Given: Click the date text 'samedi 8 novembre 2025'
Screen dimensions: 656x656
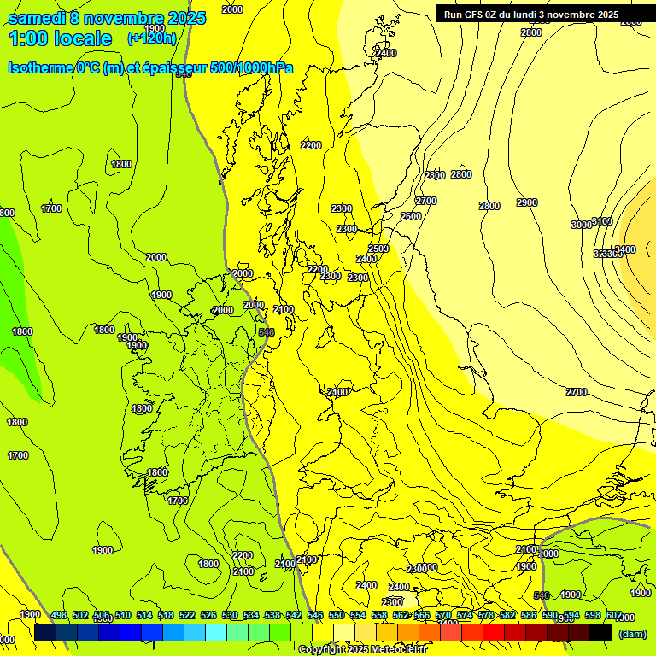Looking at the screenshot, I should tap(107, 18).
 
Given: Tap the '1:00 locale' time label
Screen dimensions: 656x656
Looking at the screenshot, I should tap(60, 38).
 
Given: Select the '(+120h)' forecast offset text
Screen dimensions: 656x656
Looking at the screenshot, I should tap(152, 38).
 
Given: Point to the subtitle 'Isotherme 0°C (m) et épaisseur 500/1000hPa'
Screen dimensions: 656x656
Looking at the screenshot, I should tap(150, 67).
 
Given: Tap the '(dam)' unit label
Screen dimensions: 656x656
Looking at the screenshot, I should tap(632, 634).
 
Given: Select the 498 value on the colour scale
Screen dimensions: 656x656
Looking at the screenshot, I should tap(59, 616).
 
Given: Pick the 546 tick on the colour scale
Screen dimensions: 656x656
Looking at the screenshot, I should tap(315, 616).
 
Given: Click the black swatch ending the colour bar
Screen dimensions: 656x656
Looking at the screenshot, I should tap(600, 632).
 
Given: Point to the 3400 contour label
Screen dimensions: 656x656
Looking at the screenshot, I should tap(625, 249).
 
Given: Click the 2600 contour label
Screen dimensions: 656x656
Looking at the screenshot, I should tap(411, 217).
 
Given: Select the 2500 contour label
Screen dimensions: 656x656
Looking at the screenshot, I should tap(378, 249).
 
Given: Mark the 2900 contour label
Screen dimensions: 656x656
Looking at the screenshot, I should tap(527, 202).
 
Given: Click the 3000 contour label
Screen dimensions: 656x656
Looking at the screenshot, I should tap(582, 225).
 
